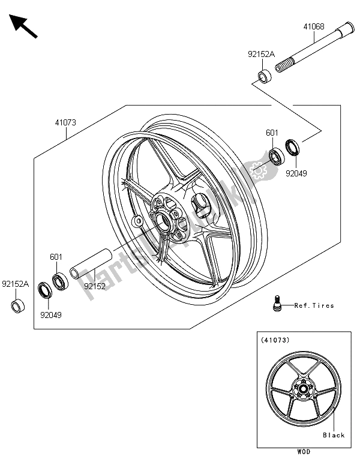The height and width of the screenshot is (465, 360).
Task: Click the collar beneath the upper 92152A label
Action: pyautogui.click(x=263, y=77)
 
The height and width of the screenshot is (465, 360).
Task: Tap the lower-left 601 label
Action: pyautogui.click(x=56, y=257)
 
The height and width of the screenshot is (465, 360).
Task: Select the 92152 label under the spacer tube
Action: pyautogui.click(x=95, y=286)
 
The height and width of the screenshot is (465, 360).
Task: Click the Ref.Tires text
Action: pyautogui.click(x=314, y=305)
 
